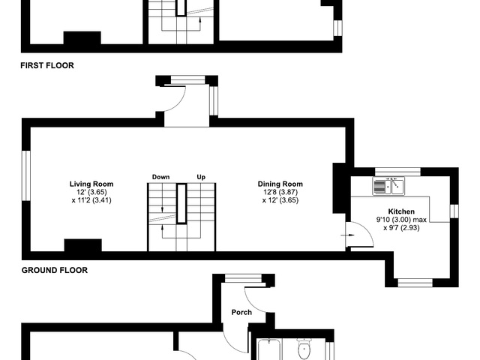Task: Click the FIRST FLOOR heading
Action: (x=47, y=65)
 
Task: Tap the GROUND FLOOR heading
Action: (x=55, y=270)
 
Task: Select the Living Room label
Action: (x=91, y=184)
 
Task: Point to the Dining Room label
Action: (x=280, y=184)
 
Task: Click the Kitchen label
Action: (x=401, y=211)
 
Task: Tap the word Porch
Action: (x=241, y=312)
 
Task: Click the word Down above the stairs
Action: (x=160, y=177)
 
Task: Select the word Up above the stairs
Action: (x=201, y=177)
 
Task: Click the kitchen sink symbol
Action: (x=388, y=186)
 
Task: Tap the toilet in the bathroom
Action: (x=304, y=349)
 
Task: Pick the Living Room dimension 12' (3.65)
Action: (x=91, y=192)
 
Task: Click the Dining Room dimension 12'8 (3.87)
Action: (x=280, y=192)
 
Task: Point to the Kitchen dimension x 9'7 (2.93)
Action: (x=401, y=228)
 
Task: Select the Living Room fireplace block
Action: (x=83, y=245)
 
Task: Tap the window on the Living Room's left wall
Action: (x=26, y=175)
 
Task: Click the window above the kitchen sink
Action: (x=398, y=172)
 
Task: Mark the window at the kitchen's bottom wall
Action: (x=415, y=283)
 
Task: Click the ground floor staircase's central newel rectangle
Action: (x=181, y=203)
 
